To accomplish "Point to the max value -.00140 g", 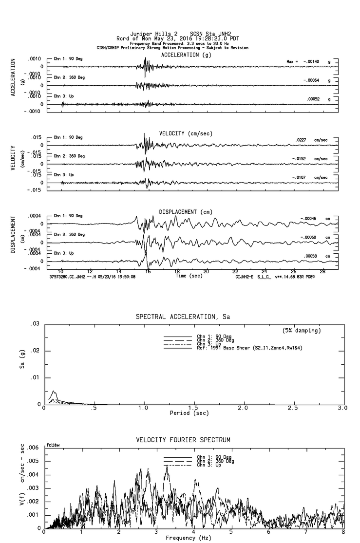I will [310, 62].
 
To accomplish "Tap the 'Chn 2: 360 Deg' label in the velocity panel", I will [69, 156].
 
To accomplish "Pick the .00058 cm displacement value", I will [310, 256].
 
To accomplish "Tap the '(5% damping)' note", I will [301, 331].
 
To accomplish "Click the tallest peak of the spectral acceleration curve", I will [54, 391].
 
